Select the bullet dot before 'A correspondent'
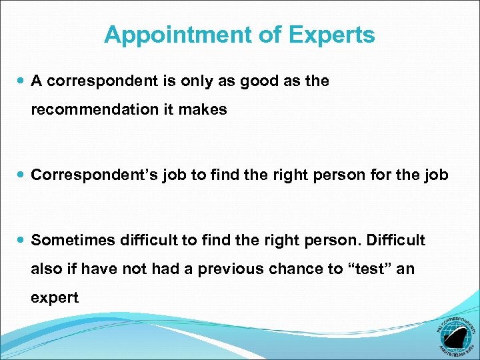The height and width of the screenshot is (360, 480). click(x=19, y=81)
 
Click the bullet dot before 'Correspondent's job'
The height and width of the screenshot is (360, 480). click(x=19, y=175)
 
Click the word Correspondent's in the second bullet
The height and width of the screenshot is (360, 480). click(x=87, y=175)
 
